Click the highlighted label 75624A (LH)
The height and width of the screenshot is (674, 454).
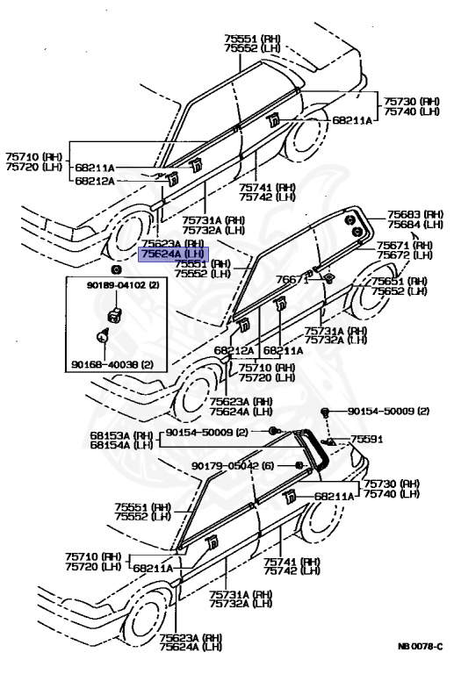pos(173,253)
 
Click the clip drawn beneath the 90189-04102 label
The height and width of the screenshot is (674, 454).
pos(114,312)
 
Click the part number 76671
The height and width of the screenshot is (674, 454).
pos(293,279)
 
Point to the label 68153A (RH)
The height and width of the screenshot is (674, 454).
pos(121,435)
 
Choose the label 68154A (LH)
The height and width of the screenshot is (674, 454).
pos(121,445)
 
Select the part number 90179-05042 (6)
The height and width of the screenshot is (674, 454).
pos(233,466)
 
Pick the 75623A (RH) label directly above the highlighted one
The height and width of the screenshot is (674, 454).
pos(172,243)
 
